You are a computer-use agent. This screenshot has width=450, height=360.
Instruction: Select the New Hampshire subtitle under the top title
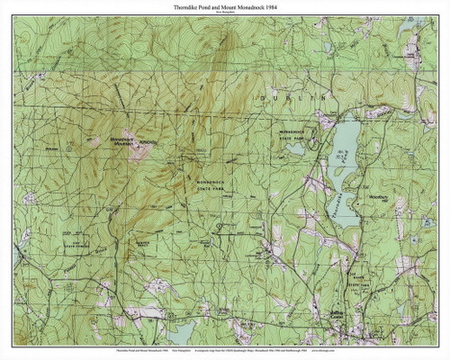(224, 14)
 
